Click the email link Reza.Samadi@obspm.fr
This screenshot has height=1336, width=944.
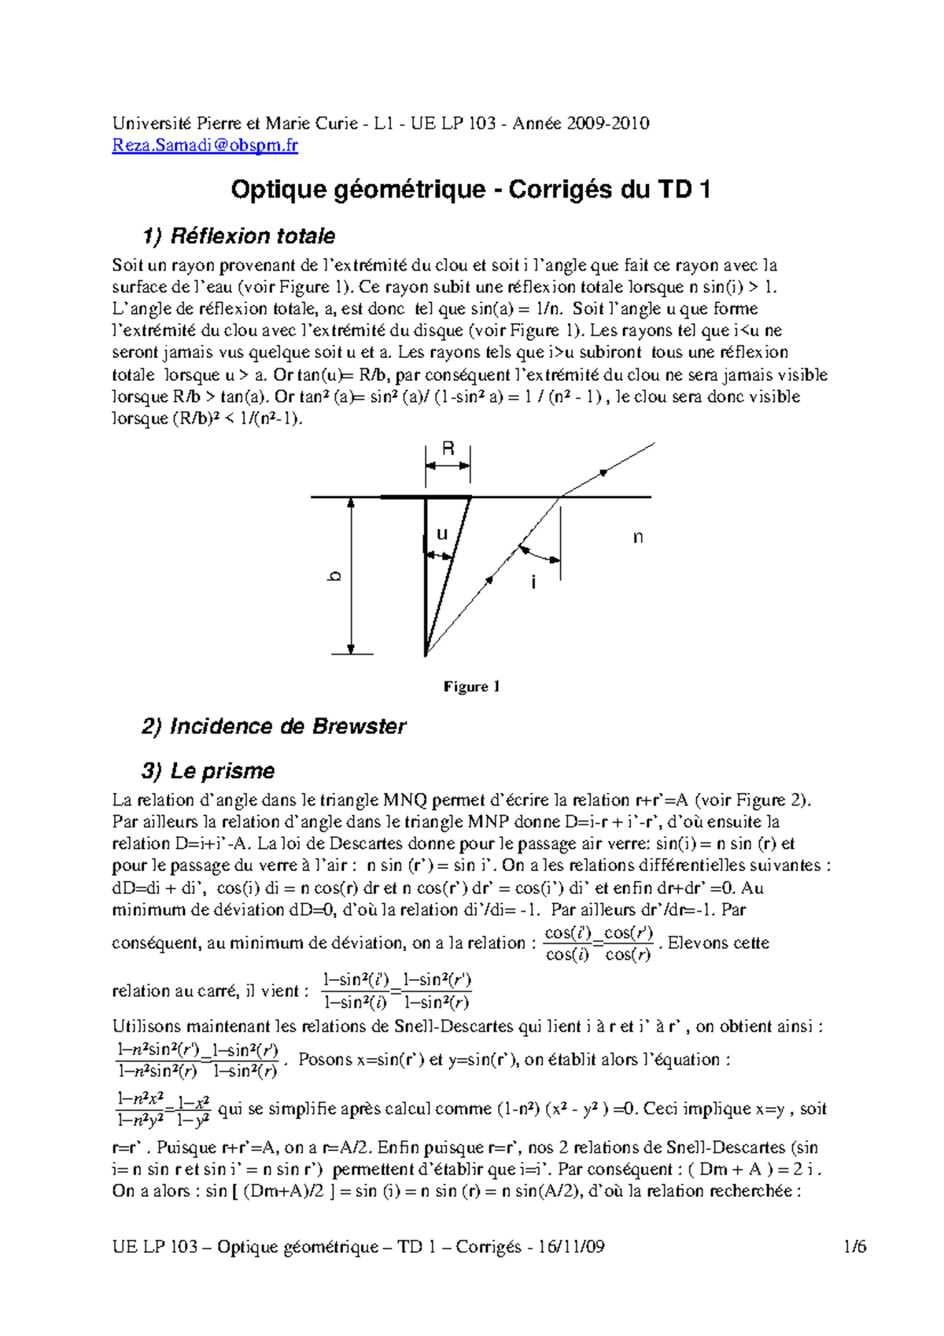[205, 146]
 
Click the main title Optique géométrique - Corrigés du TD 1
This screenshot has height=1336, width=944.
[470, 190]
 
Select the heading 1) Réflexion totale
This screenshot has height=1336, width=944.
[239, 236]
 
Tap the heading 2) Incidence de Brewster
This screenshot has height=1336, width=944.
[274, 726]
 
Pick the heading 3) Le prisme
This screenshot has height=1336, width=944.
[209, 771]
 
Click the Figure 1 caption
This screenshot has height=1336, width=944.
[471, 687]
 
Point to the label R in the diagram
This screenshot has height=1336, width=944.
[448, 449]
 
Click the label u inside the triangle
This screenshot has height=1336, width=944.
[441, 534]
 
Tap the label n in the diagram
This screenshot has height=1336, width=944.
[638, 537]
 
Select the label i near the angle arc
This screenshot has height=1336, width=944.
[534, 583]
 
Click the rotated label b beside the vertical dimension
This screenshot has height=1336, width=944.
[335, 577]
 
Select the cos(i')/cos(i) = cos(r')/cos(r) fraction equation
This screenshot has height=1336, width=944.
[599, 943]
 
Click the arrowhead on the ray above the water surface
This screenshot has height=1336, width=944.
[603, 472]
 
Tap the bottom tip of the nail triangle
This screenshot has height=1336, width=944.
[426, 654]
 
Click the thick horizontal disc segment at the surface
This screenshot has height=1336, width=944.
[426, 497]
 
